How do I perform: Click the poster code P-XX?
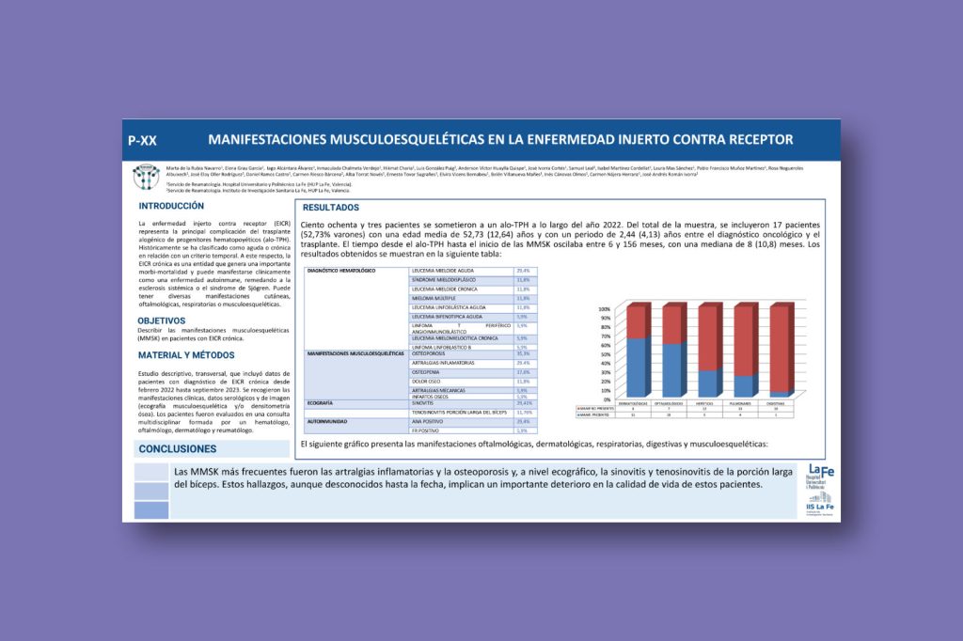pyautogui.click(x=143, y=140)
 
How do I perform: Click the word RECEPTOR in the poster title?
pyautogui.click(x=750, y=140)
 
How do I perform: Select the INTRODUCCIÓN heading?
pyautogui.click(x=171, y=206)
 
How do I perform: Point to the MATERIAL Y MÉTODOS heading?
pyautogui.click(x=186, y=355)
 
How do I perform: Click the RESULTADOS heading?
pyautogui.click(x=330, y=208)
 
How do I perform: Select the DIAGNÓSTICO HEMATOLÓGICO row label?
pyautogui.click(x=342, y=271)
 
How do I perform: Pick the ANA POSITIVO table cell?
pyautogui.click(x=430, y=421)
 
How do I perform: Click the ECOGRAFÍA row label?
pyautogui.click(x=322, y=402)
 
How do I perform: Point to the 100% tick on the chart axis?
pyautogui.click(x=604, y=308)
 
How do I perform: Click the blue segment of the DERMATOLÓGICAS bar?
pyautogui.click(x=638, y=367)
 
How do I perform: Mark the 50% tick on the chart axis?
pyautogui.click(x=606, y=353)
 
